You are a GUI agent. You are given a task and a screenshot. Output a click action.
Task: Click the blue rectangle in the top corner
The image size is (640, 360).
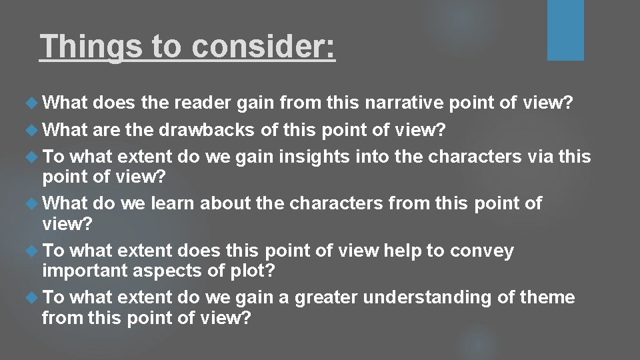click(565, 30)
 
